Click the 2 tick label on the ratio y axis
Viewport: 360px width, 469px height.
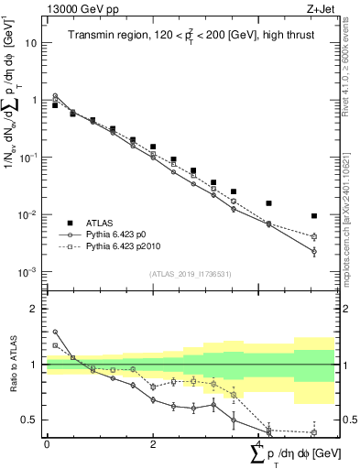click(36, 309)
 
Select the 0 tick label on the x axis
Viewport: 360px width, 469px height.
click(47, 443)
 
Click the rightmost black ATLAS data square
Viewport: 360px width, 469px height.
click(314, 216)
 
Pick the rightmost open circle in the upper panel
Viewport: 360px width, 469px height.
click(314, 250)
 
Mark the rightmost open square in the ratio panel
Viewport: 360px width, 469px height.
click(314, 432)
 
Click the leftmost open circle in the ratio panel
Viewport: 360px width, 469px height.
click(55, 332)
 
